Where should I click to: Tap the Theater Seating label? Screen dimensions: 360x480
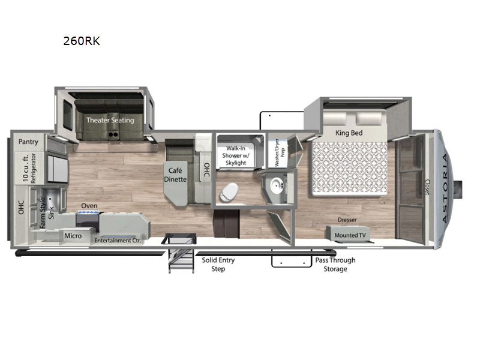click(x=110, y=120)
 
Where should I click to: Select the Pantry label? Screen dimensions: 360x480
click(x=28, y=142)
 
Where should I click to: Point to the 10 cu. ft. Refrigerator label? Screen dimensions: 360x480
click(x=29, y=168)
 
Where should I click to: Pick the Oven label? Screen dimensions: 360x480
click(x=89, y=206)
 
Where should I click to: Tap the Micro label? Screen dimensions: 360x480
click(x=73, y=236)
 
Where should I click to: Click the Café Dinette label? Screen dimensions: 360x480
click(x=176, y=175)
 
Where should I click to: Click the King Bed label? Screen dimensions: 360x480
click(x=350, y=133)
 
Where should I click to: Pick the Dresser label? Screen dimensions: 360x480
click(x=346, y=220)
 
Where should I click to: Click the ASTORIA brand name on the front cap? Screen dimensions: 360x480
click(x=445, y=188)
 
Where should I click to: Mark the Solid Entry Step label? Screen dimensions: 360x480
click(x=218, y=265)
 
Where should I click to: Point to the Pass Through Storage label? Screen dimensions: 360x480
click(x=335, y=265)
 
